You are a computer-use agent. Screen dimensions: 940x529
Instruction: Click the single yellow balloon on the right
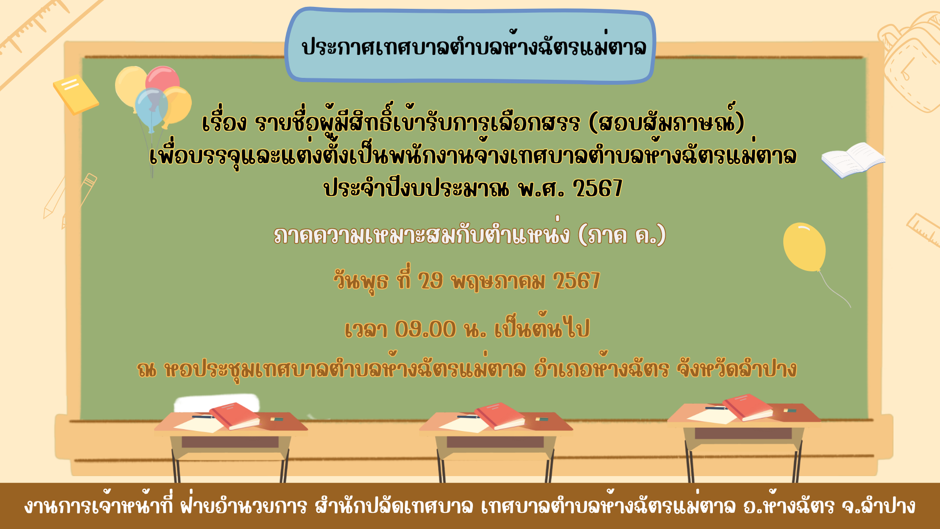pyautogui.click(x=804, y=247)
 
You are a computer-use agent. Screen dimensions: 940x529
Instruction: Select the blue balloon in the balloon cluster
pyautogui.click(x=151, y=109)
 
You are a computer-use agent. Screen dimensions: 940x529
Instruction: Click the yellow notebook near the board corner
pyautogui.click(x=76, y=94)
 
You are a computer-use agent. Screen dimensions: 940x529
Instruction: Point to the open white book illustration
pyautogui.click(x=853, y=160)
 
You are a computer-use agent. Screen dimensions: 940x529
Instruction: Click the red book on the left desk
pyautogui.click(x=235, y=415)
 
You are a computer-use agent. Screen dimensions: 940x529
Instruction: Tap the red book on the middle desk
pyautogui.click(x=500, y=415)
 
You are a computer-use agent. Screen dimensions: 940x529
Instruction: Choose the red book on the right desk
pyautogui.click(x=748, y=407)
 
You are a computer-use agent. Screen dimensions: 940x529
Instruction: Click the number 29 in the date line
pyautogui.click(x=430, y=281)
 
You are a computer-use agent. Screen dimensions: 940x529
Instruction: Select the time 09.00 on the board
pyautogui.click(x=425, y=329)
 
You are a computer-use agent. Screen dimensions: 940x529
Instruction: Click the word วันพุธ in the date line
pyautogui.click(x=361, y=281)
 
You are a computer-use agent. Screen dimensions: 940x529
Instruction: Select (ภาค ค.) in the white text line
pyautogui.click(x=622, y=235)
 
